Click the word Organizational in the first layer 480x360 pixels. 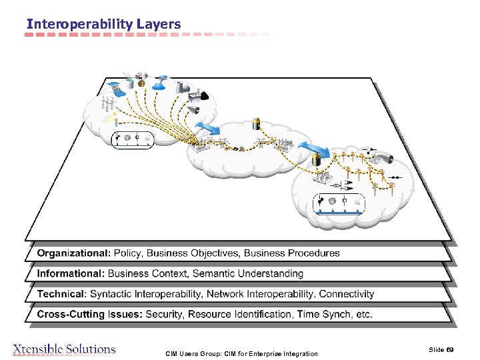coord(73,253)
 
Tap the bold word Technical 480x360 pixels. coord(61,294)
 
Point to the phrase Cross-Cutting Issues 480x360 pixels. coord(89,314)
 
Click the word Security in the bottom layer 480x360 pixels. coord(164,314)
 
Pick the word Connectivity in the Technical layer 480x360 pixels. coord(347,294)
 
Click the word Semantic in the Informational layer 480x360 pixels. coord(215,273)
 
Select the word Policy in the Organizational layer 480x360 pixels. coord(127,253)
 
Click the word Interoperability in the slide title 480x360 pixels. coord(79,24)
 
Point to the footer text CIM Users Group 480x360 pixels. coord(193,353)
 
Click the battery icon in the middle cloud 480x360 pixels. coord(257,123)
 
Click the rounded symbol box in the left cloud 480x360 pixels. coord(131,139)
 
